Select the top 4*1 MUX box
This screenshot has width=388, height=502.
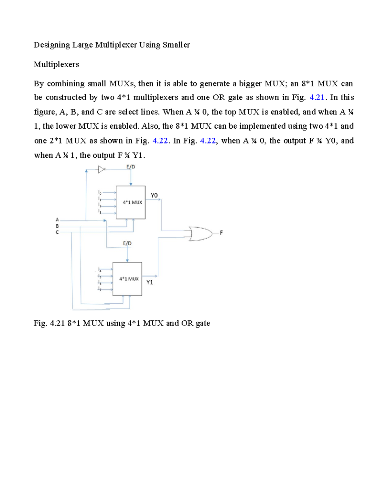click(x=131, y=202)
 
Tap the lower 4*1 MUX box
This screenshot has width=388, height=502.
click(x=127, y=279)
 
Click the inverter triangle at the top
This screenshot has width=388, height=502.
click(x=102, y=169)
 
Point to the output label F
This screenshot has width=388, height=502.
click(x=221, y=233)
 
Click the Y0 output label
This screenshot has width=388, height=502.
click(x=154, y=195)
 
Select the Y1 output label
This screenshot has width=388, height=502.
click(x=150, y=282)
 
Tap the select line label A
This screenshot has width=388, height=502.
click(x=57, y=220)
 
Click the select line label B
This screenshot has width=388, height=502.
click(x=57, y=226)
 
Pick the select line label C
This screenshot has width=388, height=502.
click(x=57, y=232)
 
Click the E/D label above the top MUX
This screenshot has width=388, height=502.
click(x=131, y=167)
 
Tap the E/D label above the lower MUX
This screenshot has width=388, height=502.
click(x=127, y=243)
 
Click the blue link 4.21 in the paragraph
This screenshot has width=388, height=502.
click(x=317, y=98)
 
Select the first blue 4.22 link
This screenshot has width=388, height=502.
click(x=160, y=141)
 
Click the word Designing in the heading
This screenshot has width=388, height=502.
click(x=52, y=45)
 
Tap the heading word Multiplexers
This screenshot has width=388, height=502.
click(x=56, y=64)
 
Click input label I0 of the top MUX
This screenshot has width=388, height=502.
click(x=100, y=192)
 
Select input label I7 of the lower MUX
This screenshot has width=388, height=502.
click(x=100, y=289)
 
